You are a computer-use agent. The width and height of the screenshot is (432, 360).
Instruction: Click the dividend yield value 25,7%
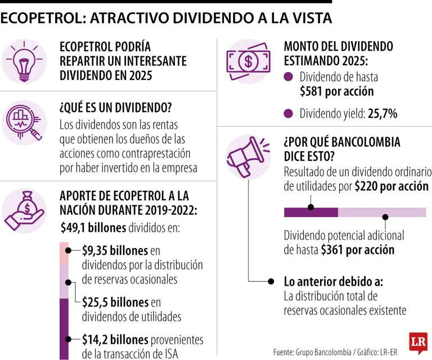coord(382,114)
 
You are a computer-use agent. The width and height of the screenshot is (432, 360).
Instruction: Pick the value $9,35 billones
coord(114,250)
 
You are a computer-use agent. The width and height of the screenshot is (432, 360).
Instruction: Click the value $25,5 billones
coord(115,302)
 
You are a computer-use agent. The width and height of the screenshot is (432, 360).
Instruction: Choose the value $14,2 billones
coord(115,339)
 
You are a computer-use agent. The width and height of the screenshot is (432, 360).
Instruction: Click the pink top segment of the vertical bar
coord(64,253)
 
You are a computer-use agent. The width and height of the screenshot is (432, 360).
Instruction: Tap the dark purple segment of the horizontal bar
coord(310,212)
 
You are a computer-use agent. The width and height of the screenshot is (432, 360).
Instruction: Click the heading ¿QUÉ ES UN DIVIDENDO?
coord(115,107)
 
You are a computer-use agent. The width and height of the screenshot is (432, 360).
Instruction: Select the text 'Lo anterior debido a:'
coord(334,281)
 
